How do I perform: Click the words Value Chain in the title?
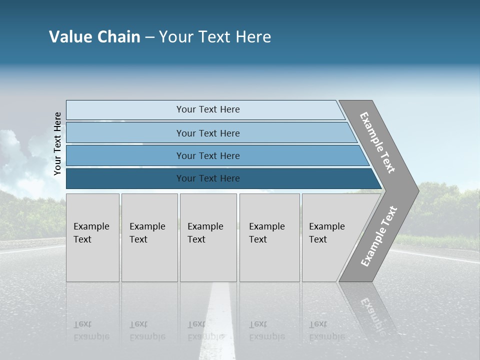[x=94, y=37]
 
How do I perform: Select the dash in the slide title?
[x=149, y=37]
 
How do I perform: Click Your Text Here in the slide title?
[x=215, y=37]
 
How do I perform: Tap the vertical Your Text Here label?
[x=57, y=144]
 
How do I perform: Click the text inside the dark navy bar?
[x=208, y=178]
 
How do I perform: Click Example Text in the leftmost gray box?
[x=91, y=233]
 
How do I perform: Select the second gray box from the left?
[x=149, y=237]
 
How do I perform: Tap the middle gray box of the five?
[x=208, y=237]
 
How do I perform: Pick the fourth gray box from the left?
[x=269, y=237]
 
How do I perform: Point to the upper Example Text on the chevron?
[x=377, y=142]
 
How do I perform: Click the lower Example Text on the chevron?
[x=379, y=236]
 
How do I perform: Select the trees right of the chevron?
[x=445, y=210]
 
